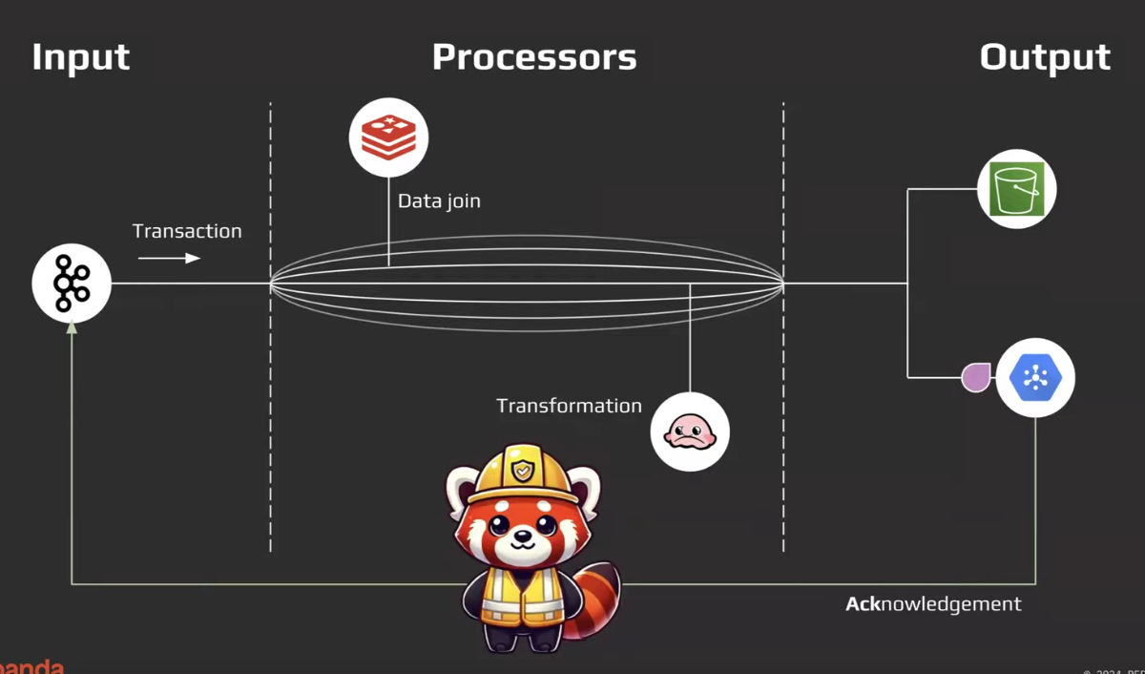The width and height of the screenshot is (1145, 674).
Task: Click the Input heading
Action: coord(80,57)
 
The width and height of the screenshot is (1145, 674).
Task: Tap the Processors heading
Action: coord(533,57)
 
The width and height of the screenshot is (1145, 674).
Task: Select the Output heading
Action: coord(1045,57)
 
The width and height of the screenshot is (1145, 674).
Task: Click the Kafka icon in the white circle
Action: coord(72,283)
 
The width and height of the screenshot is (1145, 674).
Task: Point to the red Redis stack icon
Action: coord(388,137)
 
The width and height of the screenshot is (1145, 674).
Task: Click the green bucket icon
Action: coord(1017,188)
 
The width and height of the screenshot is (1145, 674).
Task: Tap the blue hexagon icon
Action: coord(1035,378)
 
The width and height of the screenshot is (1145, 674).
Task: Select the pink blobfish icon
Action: coord(690,432)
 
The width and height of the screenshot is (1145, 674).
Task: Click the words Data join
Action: coord(439,201)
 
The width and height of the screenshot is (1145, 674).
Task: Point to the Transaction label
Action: coord(187,231)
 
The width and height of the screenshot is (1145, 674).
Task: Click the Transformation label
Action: coord(569,406)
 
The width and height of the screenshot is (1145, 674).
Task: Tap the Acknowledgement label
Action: coord(933,604)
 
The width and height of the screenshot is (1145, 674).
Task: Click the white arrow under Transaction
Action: coord(169,258)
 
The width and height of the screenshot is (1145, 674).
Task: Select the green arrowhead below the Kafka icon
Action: coord(72,327)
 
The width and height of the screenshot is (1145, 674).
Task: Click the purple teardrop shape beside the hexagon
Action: coord(975,378)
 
